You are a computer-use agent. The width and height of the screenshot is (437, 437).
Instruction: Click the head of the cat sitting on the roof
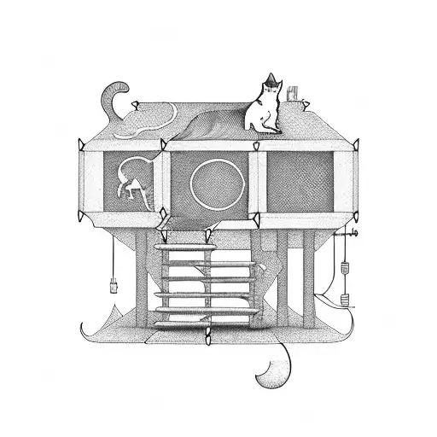(x=271, y=89)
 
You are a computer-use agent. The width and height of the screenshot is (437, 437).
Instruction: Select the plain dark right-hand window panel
(x=300, y=180)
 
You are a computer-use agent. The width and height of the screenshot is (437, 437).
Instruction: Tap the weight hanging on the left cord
(x=114, y=280)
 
